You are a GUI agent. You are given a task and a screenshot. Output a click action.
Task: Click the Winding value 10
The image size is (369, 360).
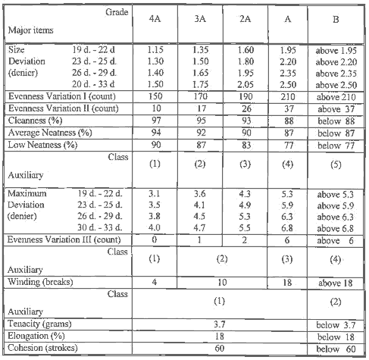coord(224,280)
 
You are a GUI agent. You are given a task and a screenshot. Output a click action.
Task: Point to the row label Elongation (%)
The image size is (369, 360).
coord(37,334)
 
